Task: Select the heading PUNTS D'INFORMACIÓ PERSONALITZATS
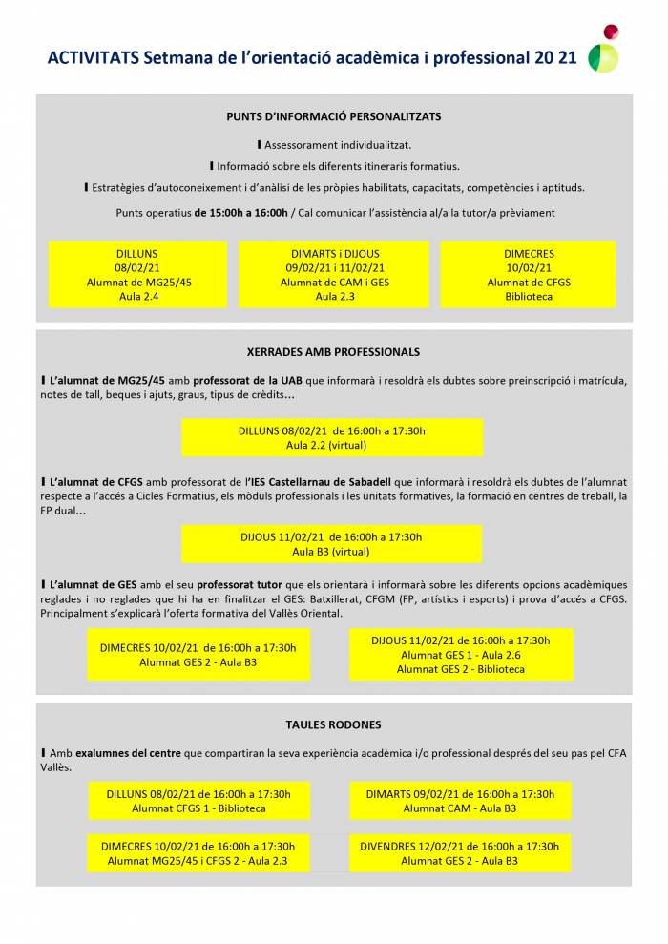tap(334, 116)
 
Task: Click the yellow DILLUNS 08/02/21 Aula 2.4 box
tap(137, 275)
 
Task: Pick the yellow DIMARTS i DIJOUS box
tap(334, 275)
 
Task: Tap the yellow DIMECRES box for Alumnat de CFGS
tap(528, 275)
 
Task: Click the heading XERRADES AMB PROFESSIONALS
tap(334, 352)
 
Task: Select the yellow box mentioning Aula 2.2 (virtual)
tap(332, 437)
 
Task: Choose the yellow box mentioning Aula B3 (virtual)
tap(332, 544)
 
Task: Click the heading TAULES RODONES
tap(334, 725)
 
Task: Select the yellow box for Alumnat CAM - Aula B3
tap(460, 801)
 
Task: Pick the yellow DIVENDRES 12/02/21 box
tap(460, 853)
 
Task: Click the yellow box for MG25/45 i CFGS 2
tap(198, 853)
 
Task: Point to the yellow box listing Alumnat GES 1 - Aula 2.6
tap(461, 654)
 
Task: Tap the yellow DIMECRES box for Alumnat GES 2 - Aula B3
tap(198, 654)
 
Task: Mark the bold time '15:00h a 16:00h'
tap(240, 212)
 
